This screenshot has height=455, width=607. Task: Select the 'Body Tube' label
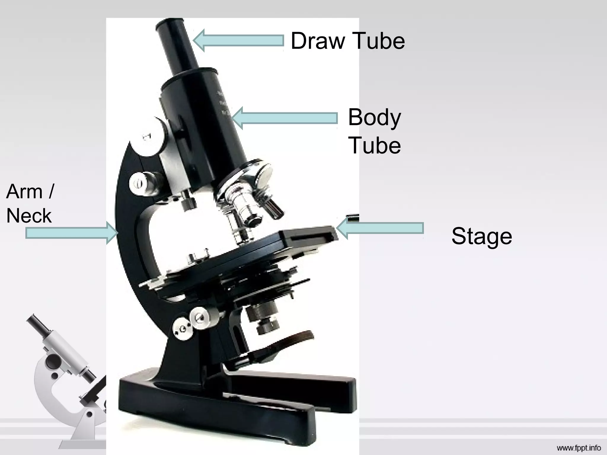pos(374,131)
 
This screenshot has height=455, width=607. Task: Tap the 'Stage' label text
pos(482,236)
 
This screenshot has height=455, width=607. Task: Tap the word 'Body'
pos(374,117)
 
